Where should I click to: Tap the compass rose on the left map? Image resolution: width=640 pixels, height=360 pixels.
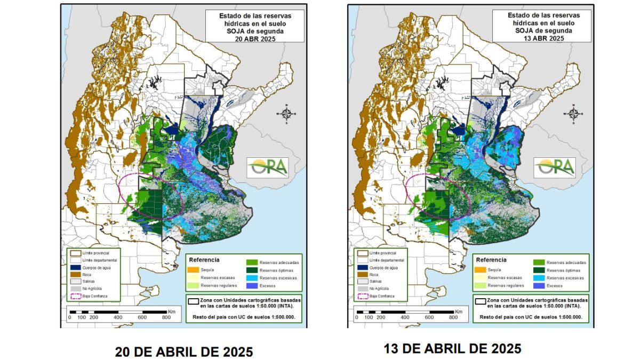tap(286, 113)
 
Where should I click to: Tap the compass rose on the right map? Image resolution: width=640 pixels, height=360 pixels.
tap(573, 113)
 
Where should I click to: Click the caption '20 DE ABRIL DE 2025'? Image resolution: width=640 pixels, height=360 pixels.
tap(184, 352)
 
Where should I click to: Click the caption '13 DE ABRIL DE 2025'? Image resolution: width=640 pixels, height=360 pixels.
tap(452, 349)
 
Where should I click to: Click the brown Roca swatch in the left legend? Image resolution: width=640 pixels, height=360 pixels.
tap(74, 273)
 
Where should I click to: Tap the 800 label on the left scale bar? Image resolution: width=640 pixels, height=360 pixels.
tap(166, 317)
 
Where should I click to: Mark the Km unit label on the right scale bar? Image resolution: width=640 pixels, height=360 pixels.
tap(459, 311)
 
